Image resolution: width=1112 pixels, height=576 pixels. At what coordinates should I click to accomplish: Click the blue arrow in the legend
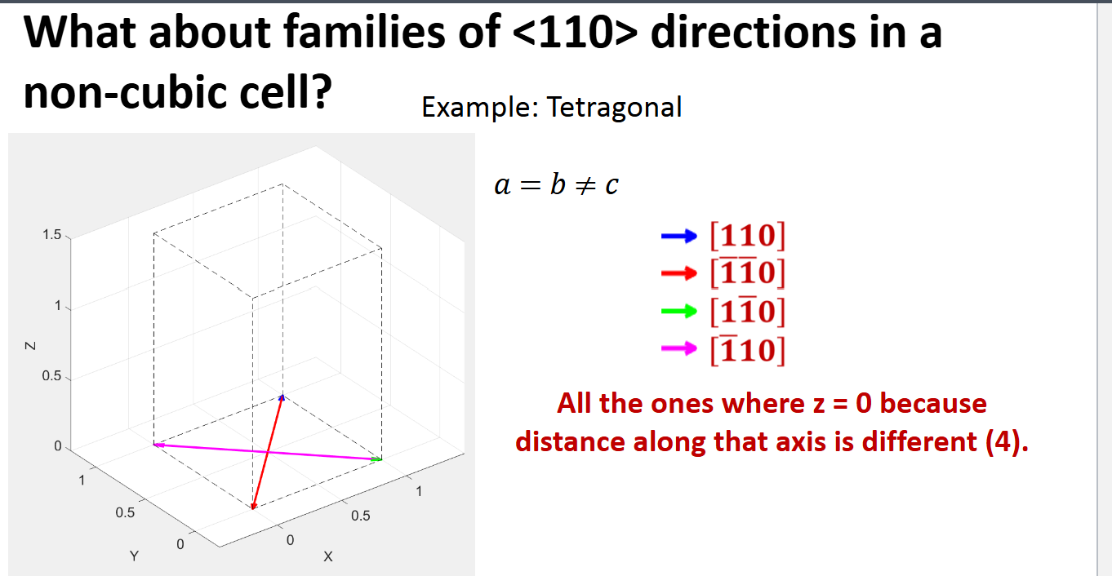(x=678, y=237)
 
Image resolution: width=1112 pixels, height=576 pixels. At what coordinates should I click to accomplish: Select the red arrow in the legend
(x=678, y=273)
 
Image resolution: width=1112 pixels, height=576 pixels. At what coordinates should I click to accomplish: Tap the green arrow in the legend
(x=678, y=311)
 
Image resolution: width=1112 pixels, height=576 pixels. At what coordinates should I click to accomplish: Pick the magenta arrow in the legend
(x=678, y=349)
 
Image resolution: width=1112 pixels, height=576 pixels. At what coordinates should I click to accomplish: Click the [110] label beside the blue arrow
(x=747, y=236)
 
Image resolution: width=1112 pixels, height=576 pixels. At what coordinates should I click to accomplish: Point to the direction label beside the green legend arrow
(x=747, y=310)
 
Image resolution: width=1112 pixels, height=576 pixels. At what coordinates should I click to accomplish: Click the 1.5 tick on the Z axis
(x=51, y=236)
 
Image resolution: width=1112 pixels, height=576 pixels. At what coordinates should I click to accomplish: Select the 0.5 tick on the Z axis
(x=51, y=377)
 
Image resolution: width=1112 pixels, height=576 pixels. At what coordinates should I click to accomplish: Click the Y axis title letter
(x=135, y=556)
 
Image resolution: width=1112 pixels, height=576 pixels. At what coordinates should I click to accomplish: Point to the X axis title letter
(x=327, y=556)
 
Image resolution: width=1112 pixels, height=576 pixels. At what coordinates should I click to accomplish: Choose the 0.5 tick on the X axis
(x=360, y=516)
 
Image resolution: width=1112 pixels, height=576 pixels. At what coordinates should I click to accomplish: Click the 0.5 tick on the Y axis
(x=124, y=513)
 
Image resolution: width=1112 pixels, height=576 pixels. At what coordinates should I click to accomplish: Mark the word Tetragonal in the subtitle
(x=614, y=107)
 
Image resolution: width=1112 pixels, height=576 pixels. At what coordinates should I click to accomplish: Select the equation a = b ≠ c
(x=556, y=185)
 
